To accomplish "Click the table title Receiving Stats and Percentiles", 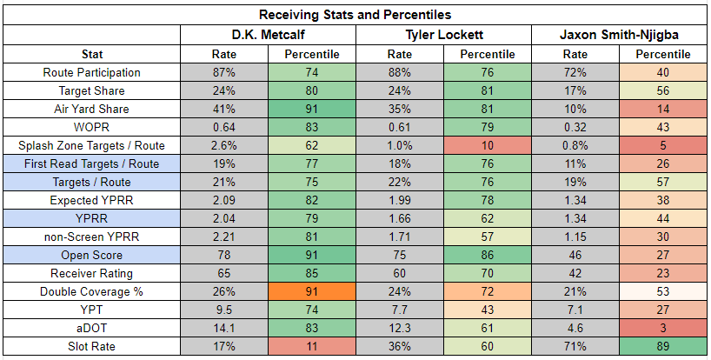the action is [355, 15].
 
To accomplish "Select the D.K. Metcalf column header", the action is [268, 35].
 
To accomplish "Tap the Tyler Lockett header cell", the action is [444, 35].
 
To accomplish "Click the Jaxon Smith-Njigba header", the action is [619, 35].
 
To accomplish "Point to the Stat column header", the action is [92, 55].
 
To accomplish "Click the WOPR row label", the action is [92, 128].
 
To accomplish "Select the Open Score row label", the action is [92, 256].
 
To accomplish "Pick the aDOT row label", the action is [92, 329].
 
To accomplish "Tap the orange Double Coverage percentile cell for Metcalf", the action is [312, 291].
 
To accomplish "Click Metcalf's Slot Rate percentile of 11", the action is [312, 346].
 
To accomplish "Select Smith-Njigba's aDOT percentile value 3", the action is [663, 329].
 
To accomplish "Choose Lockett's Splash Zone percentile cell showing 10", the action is [488, 145].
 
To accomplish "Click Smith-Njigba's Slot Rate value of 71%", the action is [575, 346].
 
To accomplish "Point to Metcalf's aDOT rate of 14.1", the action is [224, 329].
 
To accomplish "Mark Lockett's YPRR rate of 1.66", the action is [400, 218].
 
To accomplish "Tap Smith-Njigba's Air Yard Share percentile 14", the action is [663, 110].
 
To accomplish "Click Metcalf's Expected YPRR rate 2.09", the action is [224, 200].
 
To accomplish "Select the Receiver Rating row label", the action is [92, 273].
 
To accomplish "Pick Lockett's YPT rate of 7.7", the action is [400, 310].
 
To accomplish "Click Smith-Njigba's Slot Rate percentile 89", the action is [663, 346].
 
